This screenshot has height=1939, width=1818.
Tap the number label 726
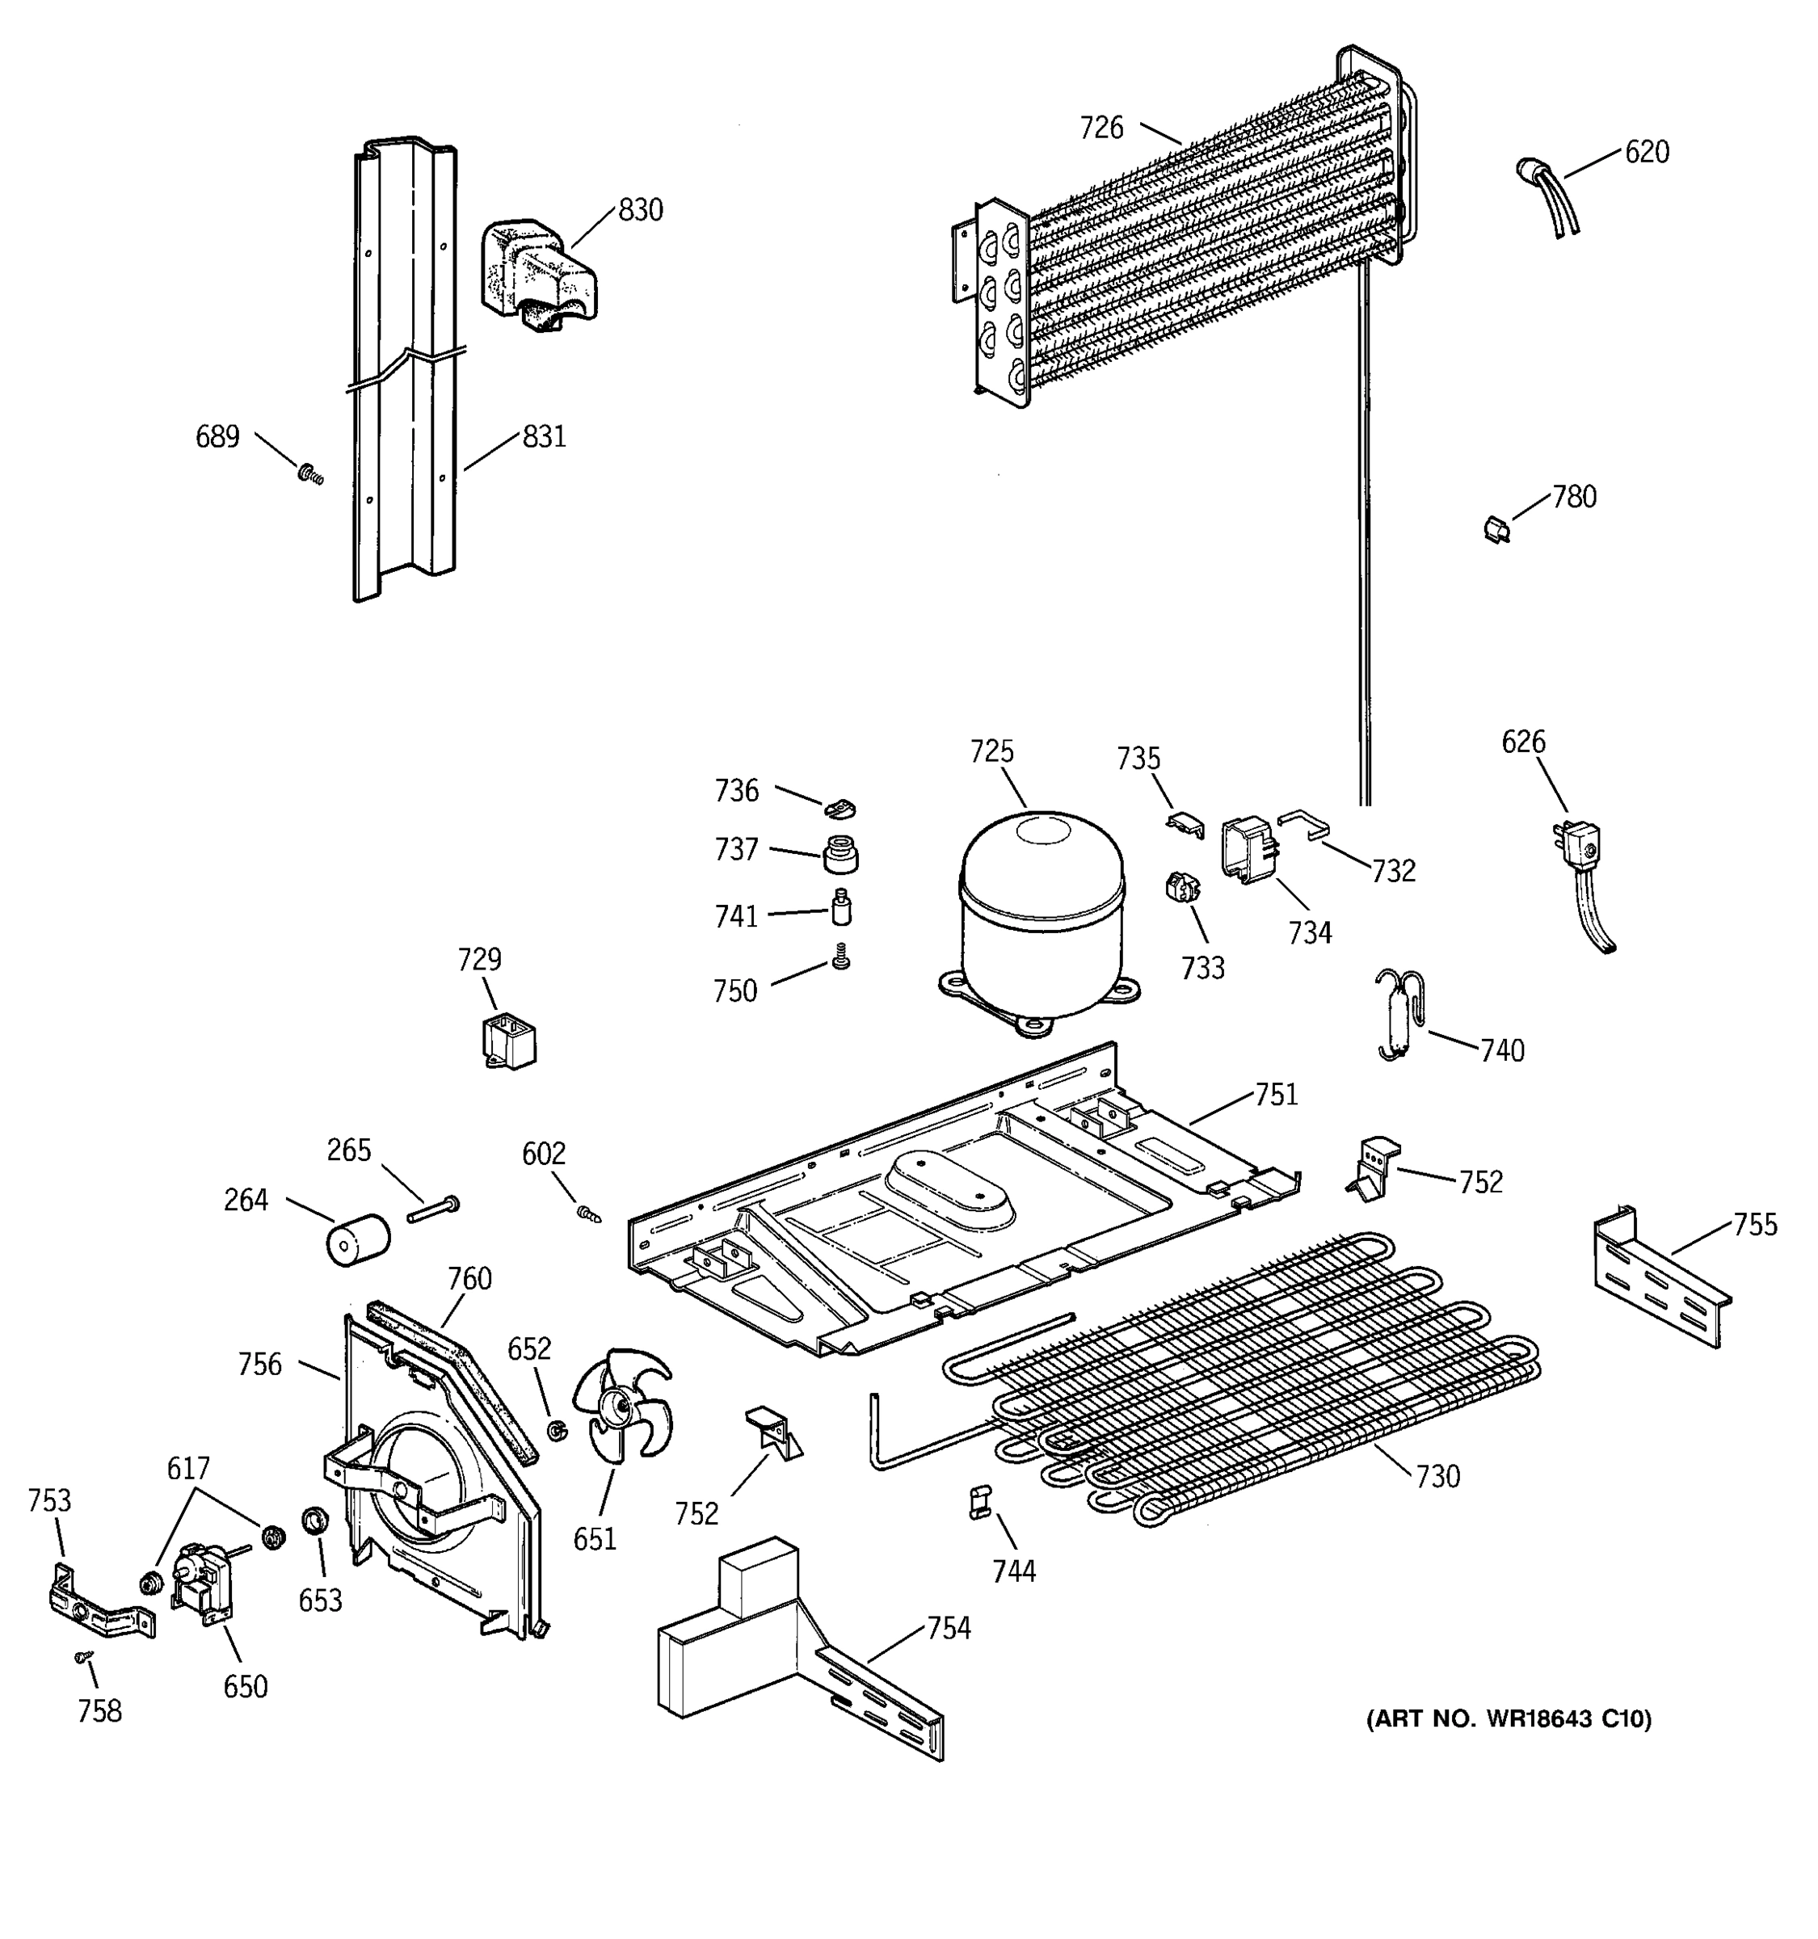[1101, 128]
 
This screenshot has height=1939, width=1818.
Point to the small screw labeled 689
[311, 475]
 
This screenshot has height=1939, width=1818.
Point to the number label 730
[1437, 1477]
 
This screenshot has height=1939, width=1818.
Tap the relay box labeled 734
[1248, 850]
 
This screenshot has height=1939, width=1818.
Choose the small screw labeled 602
[587, 1213]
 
